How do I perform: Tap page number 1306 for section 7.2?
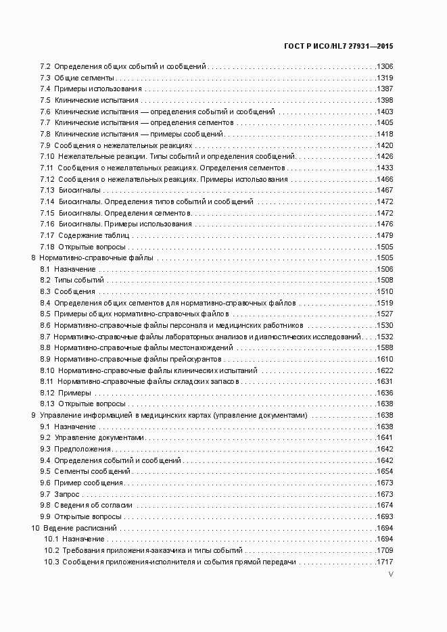coord(385,67)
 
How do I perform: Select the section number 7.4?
coord(45,89)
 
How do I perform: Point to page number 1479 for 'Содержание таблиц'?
coord(385,235)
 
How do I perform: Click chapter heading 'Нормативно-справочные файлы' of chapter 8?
coord(96,258)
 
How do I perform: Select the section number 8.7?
coord(45,337)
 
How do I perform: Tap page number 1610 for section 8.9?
coord(385,359)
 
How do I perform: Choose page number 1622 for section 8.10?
coord(385,370)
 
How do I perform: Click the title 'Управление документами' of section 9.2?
coord(99,438)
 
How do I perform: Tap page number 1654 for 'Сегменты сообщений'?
coord(385,471)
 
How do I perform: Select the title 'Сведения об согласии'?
coord(93,505)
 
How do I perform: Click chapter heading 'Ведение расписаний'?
coord(80,527)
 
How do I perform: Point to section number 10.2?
coord(51,550)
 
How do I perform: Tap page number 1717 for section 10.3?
coord(385,562)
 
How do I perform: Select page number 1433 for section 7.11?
coord(385,168)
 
